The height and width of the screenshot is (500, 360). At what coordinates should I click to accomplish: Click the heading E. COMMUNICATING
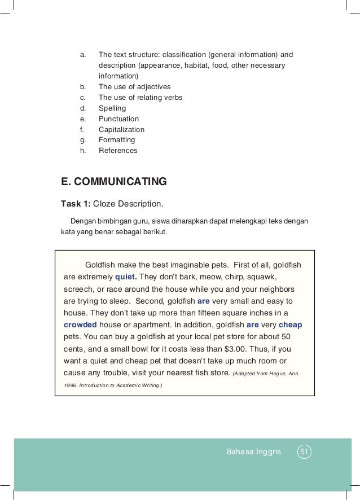pos(114,182)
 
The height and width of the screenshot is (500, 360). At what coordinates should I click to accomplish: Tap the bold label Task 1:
pos(76,203)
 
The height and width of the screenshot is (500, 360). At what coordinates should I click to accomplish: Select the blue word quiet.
pos(126,277)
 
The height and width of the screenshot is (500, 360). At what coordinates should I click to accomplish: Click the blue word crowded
pos(80,324)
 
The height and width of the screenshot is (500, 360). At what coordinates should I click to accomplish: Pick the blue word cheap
pos(291,324)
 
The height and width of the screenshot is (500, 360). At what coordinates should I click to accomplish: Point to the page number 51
pos(305,451)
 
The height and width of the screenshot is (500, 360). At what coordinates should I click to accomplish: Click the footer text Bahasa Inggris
pos(253,451)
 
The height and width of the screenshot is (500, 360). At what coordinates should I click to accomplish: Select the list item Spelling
pos(112,108)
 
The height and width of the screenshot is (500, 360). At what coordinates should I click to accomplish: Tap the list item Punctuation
pos(118,119)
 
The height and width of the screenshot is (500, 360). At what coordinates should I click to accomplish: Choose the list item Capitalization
pos(121,129)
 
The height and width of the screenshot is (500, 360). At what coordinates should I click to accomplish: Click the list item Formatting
pos(117,139)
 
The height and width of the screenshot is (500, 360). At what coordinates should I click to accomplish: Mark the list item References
pos(118,150)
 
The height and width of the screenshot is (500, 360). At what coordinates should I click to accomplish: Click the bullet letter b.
pos(83,86)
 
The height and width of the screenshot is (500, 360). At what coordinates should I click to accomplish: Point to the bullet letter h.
pos(83,150)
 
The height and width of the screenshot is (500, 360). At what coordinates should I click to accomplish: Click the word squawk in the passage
pos(261,277)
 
